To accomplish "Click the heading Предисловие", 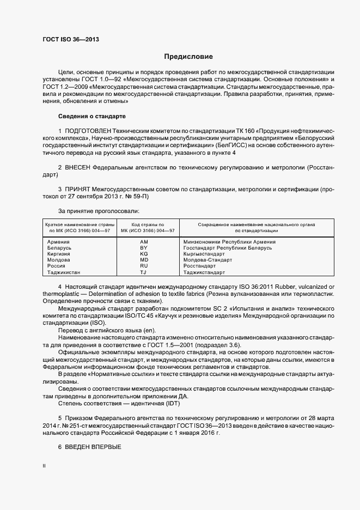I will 188,57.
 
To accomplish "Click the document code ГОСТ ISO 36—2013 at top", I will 70,39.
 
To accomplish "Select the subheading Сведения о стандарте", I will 91,117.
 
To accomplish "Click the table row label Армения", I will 58,241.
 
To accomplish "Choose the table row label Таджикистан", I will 64,272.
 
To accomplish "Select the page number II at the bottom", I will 44,466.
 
